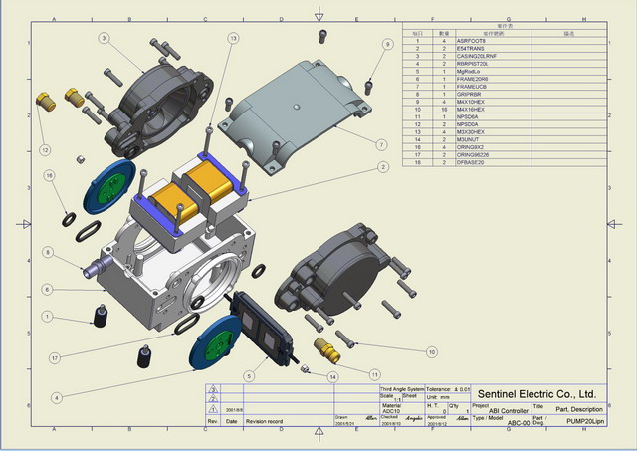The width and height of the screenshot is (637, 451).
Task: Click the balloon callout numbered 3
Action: [x=104, y=38]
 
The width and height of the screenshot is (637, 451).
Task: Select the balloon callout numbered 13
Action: [x=233, y=38]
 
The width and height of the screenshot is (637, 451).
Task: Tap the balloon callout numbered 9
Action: [x=387, y=45]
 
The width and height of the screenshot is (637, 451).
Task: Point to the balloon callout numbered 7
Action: [x=381, y=144]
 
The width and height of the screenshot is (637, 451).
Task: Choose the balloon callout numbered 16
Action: [x=48, y=175]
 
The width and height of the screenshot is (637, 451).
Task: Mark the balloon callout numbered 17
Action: [x=56, y=358]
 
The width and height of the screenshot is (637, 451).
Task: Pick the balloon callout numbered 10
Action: [x=431, y=351]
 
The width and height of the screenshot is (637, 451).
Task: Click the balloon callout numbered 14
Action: [x=333, y=377]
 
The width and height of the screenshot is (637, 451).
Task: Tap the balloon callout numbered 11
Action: [x=374, y=374]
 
